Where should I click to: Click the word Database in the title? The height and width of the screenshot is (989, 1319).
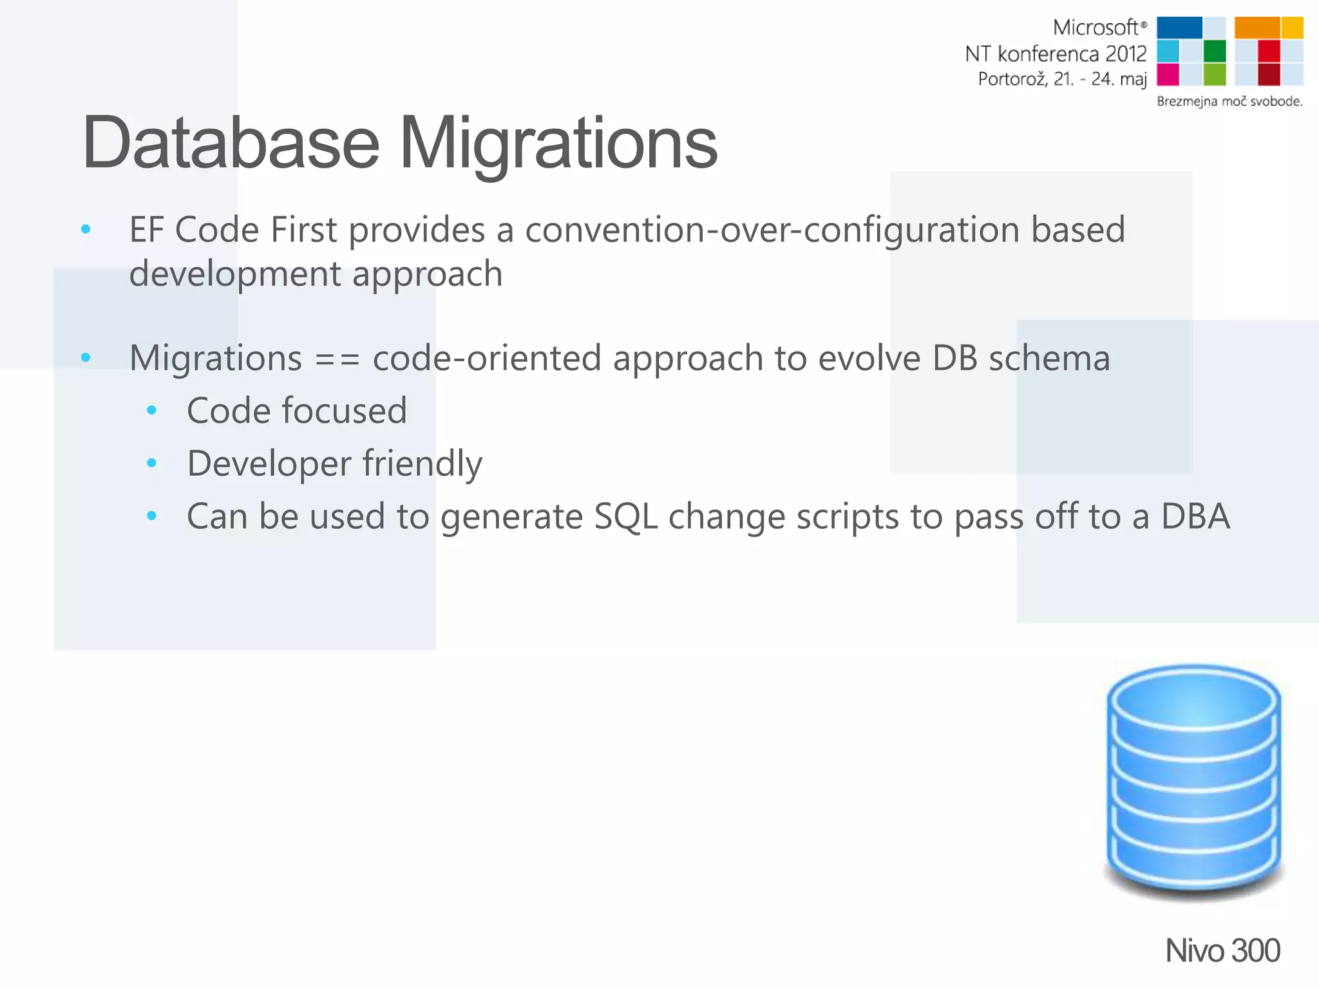[231, 143]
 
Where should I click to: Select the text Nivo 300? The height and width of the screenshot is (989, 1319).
[1222, 950]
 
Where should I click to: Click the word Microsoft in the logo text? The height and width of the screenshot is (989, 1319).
[1096, 28]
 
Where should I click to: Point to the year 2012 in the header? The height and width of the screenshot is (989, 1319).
[1126, 54]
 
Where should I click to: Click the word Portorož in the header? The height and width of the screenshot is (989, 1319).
[1012, 79]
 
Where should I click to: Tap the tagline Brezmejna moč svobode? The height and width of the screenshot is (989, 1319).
[1229, 101]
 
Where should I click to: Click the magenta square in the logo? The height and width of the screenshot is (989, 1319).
[1168, 75]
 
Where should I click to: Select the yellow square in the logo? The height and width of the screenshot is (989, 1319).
[1292, 28]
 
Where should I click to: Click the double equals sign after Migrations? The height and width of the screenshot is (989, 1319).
[337, 359]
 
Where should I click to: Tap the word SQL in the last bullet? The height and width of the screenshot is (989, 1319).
[625, 516]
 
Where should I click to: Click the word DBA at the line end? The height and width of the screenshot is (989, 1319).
[1195, 516]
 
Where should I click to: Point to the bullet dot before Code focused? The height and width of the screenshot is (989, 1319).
[152, 410]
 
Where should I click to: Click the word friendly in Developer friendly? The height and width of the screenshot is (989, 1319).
[422, 464]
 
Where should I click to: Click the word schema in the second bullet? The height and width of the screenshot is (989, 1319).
[1049, 359]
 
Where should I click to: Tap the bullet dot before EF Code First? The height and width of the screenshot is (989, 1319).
[86, 229]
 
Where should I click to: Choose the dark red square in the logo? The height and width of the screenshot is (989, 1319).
[1268, 75]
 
